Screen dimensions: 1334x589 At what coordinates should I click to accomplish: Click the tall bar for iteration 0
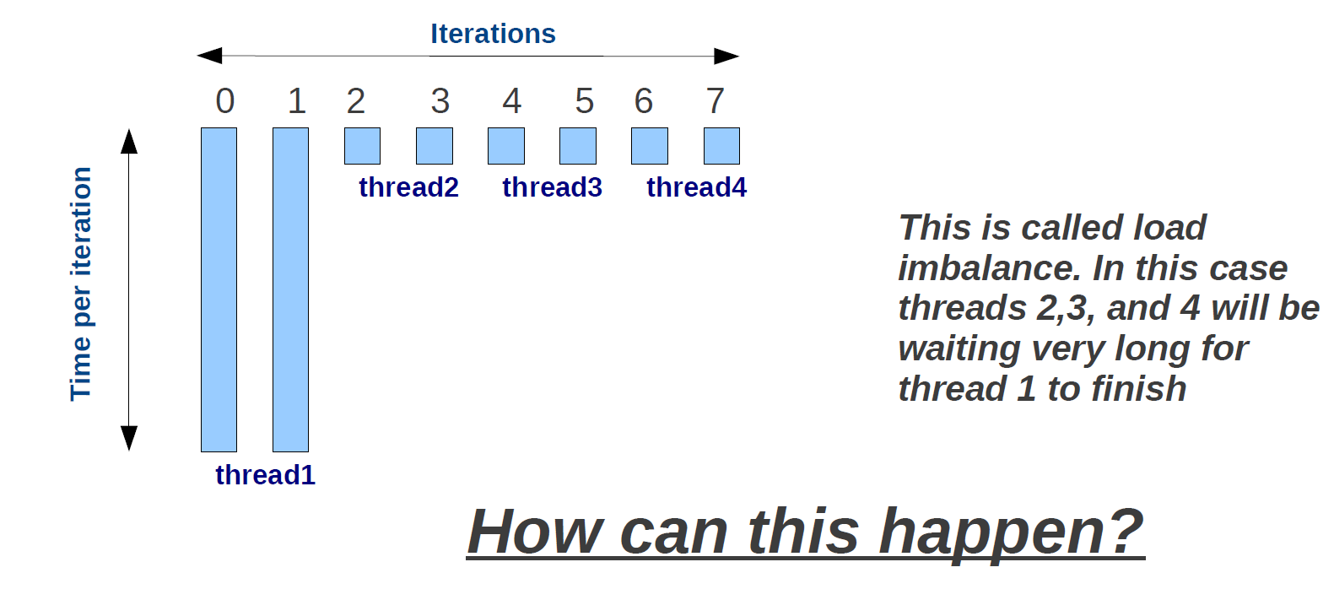(x=219, y=289)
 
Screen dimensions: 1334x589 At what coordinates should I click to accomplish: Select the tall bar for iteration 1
(x=290, y=289)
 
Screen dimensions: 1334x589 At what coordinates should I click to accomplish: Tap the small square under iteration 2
(x=362, y=146)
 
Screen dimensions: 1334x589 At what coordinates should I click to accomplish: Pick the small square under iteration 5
(x=578, y=146)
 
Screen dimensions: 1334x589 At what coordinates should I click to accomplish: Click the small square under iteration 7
(x=721, y=146)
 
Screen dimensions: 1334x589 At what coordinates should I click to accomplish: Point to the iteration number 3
(x=440, y=100)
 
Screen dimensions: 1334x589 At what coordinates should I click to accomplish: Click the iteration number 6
(x=643, y=100)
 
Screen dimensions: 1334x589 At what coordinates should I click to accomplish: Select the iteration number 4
(x=512, y=100)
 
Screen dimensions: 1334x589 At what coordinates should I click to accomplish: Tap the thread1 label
(x=266, y=475)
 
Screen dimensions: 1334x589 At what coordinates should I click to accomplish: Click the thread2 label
(x=408, y=187)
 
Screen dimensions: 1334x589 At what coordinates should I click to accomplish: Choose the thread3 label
(x=552, y=187)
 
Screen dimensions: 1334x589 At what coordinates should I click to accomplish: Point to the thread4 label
(x=696, y=187)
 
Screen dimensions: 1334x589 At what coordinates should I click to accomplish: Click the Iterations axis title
(x=493, y=34)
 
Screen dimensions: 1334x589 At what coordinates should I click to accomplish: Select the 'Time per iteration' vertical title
(x=81, y=284)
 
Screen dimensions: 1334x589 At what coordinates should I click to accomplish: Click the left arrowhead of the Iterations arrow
(x=209, y=56)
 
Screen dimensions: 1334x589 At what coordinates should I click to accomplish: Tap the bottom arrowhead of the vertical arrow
(x=129, y=438)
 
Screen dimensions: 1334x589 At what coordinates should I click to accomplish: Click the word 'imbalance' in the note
(x=989, y=268)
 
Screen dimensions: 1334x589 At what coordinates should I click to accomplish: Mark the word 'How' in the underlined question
(x=536, y=532)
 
